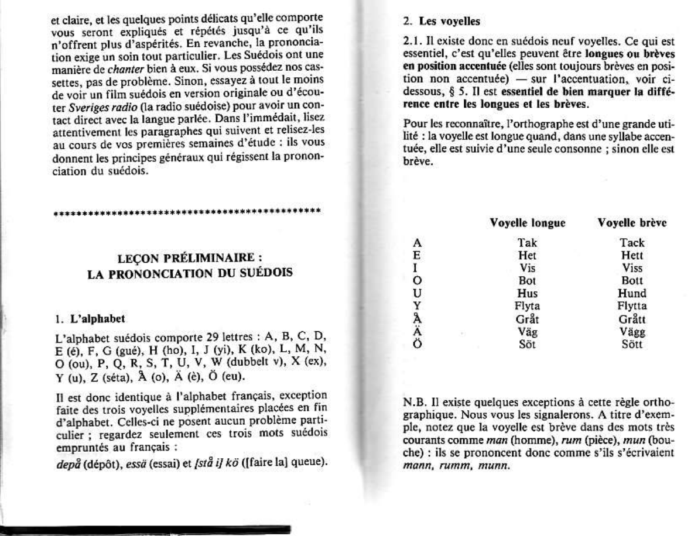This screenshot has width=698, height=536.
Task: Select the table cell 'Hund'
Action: (632, 294)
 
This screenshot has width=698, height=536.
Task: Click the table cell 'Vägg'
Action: (632, 332)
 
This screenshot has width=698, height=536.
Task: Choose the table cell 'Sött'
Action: (632, 344)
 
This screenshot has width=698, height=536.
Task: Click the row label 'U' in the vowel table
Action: (418, 294)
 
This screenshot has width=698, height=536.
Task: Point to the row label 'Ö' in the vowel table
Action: (418, 344)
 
